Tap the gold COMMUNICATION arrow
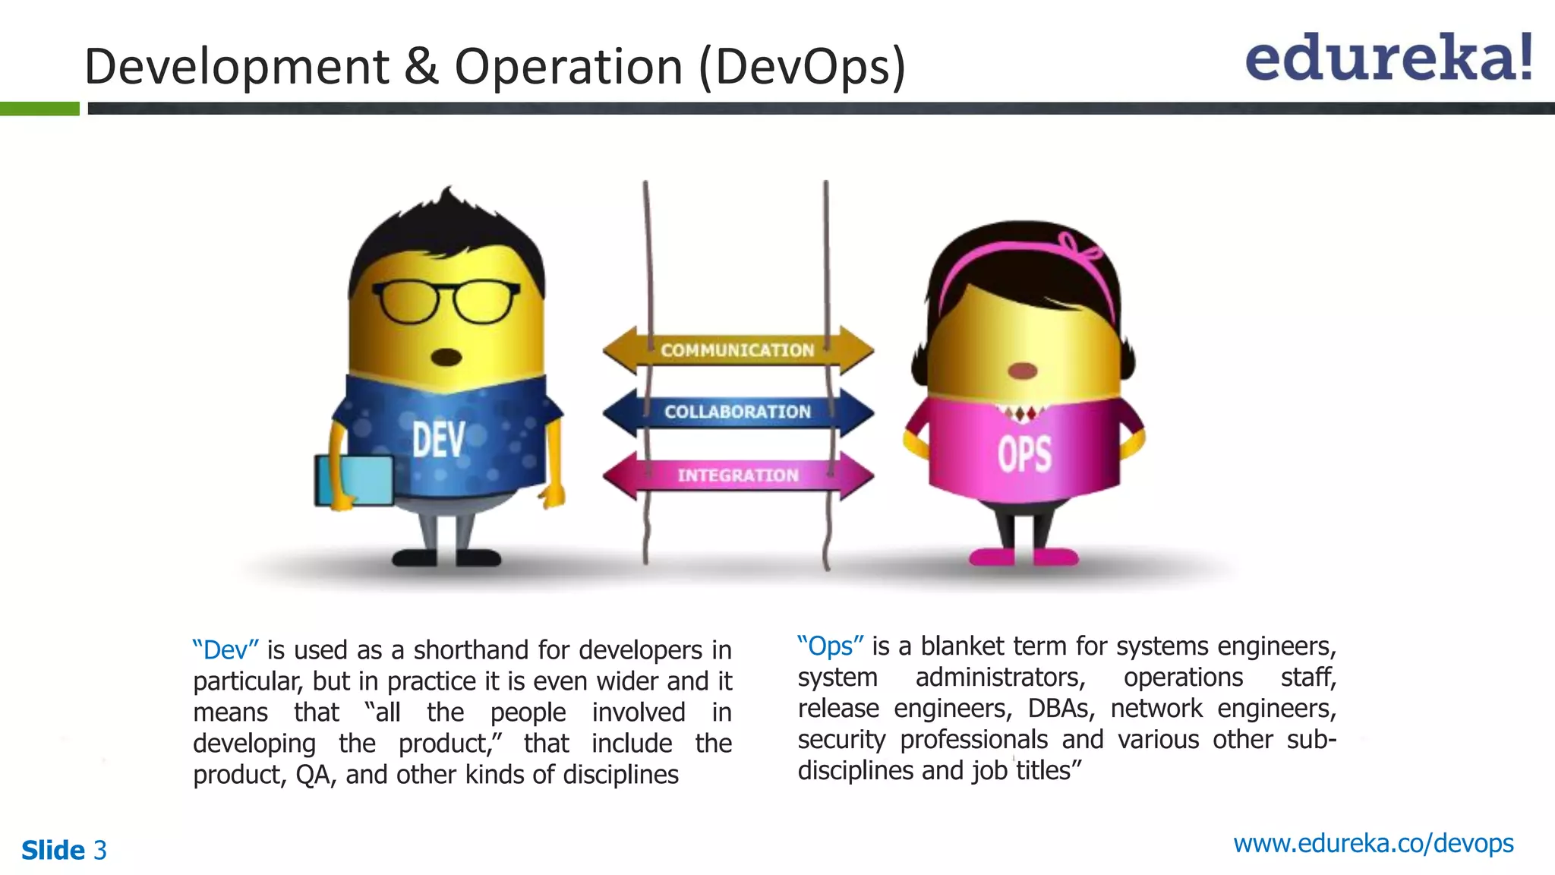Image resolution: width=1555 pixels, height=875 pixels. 737,350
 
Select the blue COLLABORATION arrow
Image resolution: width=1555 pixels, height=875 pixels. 737,412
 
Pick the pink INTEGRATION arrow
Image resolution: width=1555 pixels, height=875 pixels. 737,475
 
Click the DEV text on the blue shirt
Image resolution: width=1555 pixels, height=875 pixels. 438,441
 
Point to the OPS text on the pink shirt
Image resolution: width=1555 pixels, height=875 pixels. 1024,454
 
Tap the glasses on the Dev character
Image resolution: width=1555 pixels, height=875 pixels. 446,302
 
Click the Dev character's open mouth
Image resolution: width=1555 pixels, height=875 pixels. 446,357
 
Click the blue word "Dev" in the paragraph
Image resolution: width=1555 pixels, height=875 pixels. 226,650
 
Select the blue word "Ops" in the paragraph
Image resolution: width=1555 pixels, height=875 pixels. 830,646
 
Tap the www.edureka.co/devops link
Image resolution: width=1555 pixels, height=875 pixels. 1373,843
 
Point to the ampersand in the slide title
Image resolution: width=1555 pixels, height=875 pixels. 421,66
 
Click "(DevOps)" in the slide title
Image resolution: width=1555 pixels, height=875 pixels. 802,67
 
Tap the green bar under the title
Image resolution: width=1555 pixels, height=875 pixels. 39,109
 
